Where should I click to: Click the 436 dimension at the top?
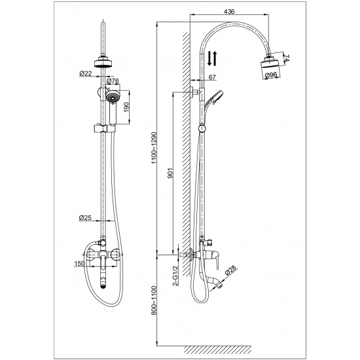(229, 11)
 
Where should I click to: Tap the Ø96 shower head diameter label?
(271, 75)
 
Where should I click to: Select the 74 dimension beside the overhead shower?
(287, 58)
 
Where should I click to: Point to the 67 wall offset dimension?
(212, 77)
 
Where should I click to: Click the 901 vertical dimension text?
(170, 173)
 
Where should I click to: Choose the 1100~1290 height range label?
(154, 148)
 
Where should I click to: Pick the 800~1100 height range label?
(154, 300)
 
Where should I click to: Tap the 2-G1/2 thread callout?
(175, 276)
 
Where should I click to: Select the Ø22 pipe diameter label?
(86, 73)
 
